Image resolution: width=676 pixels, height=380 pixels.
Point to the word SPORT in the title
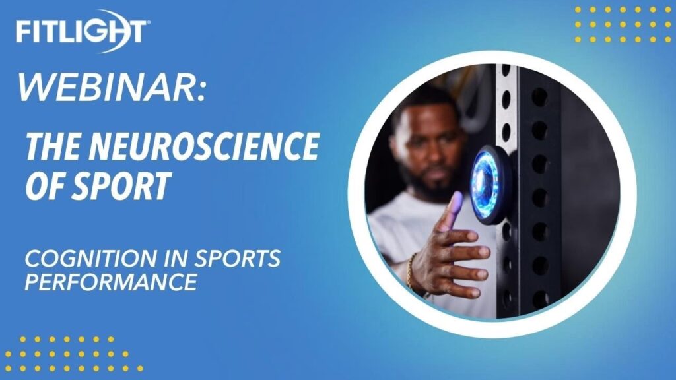pyautogui.click(x=119, y=185)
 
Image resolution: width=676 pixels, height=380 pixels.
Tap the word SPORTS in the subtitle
pyautogui.click(x=238, y=258)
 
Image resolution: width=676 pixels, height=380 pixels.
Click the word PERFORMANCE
pyautogui.click(x=111, y=282)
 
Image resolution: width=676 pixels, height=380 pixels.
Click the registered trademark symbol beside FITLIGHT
pyautogui.click(x=149, y=23)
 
